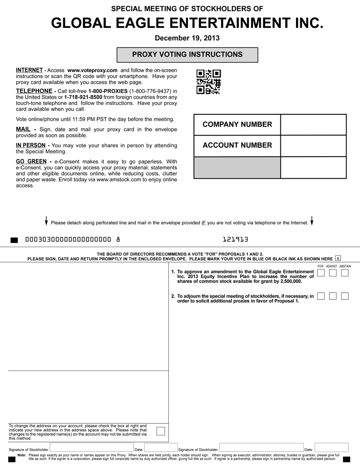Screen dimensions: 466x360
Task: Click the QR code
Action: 209,81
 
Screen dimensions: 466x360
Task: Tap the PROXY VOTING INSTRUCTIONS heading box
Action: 187,55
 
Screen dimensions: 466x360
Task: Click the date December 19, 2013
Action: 187,38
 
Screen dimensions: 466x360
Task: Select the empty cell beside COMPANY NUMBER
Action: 313,125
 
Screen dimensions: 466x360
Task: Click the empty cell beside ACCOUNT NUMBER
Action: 313,145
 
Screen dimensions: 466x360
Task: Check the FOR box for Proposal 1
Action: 321,273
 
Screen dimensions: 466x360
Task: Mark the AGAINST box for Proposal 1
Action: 333,273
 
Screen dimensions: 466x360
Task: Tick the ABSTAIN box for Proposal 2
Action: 345,296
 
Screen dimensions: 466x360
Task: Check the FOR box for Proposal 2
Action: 321,296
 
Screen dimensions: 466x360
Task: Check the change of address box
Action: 160,431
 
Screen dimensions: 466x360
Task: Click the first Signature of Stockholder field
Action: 92,448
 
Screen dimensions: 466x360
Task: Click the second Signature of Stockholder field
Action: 261,448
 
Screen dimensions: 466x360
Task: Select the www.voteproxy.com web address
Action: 92,71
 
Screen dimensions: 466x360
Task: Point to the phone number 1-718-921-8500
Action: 83,97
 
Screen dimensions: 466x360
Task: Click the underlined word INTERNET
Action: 29,71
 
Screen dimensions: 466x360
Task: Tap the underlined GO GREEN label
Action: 31,162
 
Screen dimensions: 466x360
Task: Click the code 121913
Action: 235,240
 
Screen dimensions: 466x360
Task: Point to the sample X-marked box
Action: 338,258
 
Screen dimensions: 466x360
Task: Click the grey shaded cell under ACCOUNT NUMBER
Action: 237,167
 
